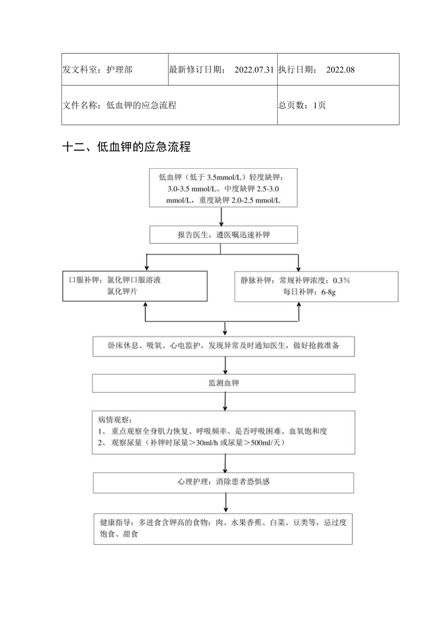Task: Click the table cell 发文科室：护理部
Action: pos(97,70)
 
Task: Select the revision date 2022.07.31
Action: pos(254,70)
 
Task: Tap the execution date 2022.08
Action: pos(341,70)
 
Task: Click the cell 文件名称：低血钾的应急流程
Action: pos(119,105)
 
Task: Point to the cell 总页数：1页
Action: pos(302,105)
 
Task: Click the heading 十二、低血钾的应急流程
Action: pos(126,147)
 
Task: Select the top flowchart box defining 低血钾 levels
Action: pos(223,188)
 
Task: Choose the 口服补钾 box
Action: pos(135,286)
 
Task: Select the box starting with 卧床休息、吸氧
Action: pos(223,346)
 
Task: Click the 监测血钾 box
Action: pos(223,383)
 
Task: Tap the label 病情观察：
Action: pos(115,420)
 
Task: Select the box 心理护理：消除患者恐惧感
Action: pos(223,482)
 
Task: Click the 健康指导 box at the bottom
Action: pos(223,528)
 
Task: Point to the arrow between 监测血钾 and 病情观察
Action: pos(225,401)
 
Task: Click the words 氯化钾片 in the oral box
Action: pos(122,292)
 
